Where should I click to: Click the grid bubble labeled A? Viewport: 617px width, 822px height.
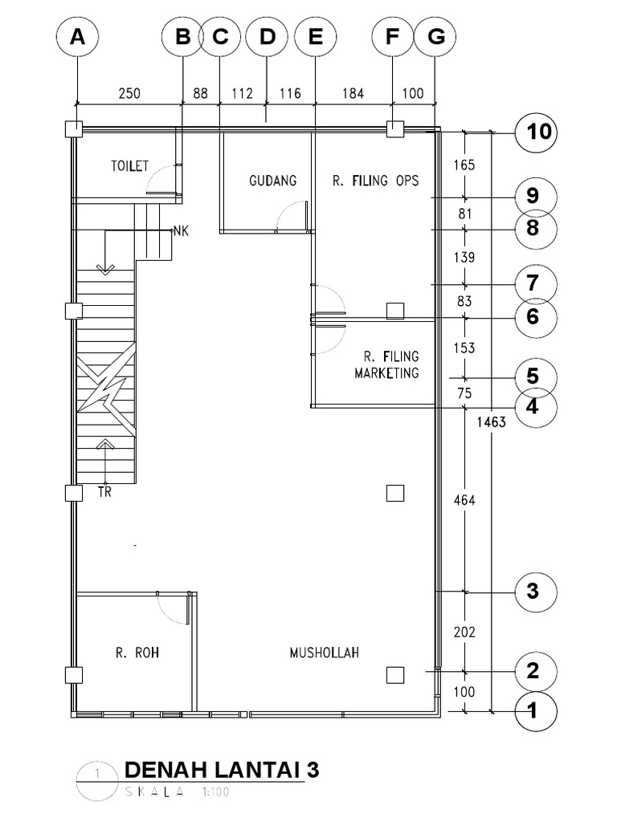(77, 38)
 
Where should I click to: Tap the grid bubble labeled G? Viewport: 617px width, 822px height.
(435, 38)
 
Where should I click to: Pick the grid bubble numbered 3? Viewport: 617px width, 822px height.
(533, 592)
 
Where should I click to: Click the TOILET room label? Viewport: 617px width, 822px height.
(129, 166)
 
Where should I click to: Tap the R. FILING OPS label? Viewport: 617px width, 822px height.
(375, 181)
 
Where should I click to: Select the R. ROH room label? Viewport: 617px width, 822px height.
(137, 653)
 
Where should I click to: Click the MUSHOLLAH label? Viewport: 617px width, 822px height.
(324, 653)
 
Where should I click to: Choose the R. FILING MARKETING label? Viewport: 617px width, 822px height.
(386, 364)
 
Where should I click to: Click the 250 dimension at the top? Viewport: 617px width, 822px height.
(129, 93)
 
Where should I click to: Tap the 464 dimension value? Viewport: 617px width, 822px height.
(464, 500)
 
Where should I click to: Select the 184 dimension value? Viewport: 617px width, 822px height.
(353, 93)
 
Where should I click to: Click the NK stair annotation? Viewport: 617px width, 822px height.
(181, 232)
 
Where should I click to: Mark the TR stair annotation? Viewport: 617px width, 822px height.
(104, 493)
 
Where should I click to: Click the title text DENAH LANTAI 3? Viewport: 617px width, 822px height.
(222, 770)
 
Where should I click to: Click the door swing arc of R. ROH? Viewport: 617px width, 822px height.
(172, 610)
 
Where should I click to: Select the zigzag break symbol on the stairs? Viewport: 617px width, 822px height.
(105, 389)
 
